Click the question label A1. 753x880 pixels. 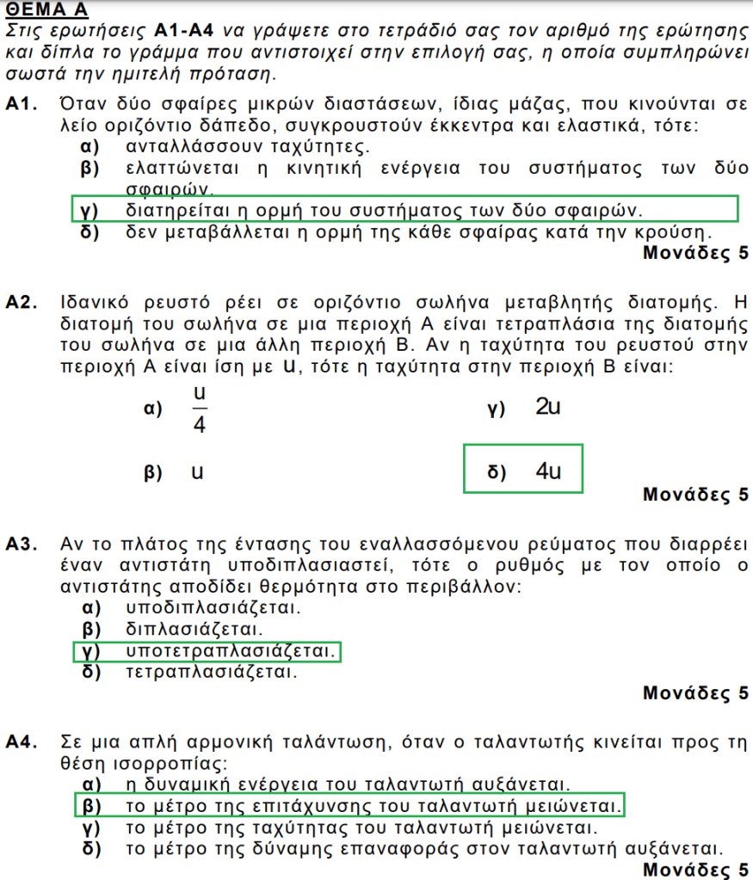click(x=21, y=105)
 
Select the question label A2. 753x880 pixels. click(x=22, y=304)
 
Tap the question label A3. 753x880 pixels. click(x=22, y=545)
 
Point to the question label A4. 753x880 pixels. click(x=22, y=741)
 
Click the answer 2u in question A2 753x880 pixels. click(x=547, y=408)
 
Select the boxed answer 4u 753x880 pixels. click(x=547, y=471)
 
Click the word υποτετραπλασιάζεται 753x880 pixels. click(x=229, y=651)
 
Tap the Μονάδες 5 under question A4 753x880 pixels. click(x=695, y=870)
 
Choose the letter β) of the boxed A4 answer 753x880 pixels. click(x=90, y=807)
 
